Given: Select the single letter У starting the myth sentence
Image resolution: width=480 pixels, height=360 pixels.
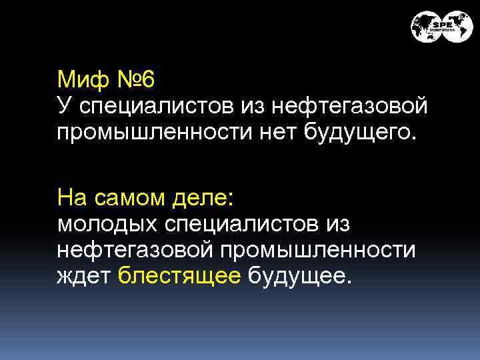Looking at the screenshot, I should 63,105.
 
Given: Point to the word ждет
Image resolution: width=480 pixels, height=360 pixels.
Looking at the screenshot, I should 83,275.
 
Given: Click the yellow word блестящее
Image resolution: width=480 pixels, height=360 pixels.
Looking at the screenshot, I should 179,275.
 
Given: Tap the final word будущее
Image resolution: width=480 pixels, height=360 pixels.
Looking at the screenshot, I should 297,275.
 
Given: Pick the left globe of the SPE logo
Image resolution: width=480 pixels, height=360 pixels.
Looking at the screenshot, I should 425,27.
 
